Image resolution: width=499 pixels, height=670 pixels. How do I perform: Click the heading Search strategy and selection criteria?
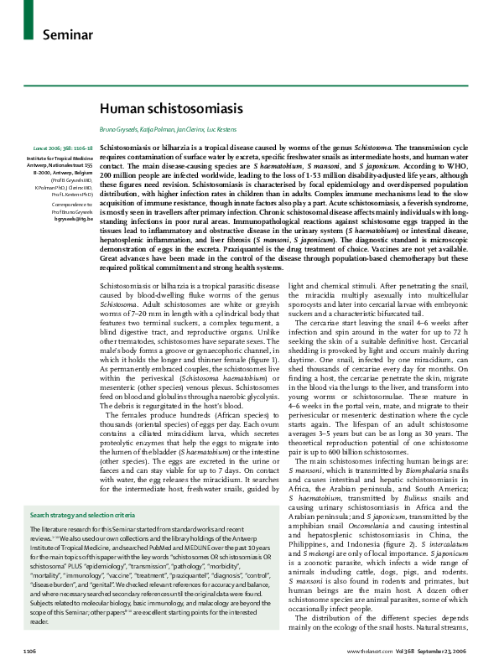point(82,491)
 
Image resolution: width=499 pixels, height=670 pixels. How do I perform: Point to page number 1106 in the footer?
point(29,652)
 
